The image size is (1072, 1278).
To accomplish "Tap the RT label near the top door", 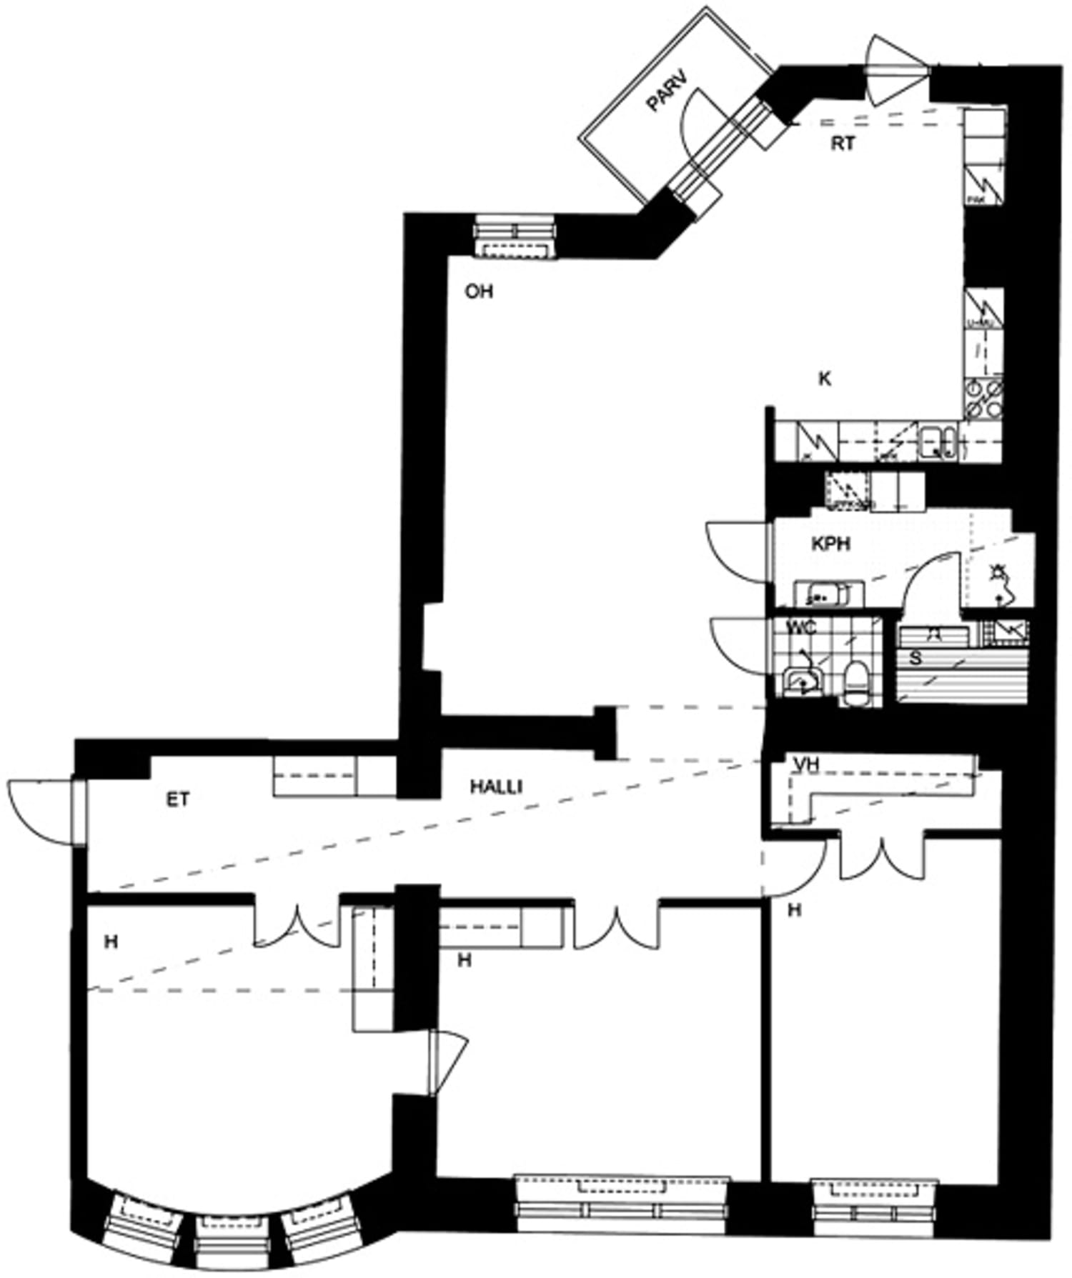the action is pyautogui.click(x=843, y=144).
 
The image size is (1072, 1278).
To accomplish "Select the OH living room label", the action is pyautogui.click(x=479, y=291).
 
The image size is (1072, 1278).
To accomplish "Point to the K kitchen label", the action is pyautogui.click(x=825, y=379).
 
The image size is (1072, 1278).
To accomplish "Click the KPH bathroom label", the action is pyautogui.click(x=831, y=544).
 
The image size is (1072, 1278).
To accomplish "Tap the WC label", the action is pyautogui.click(x=801, y=629).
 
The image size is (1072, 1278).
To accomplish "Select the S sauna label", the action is pyautogui.click(x=915, y=658).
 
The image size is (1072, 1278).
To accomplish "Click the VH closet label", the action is pyautogui.click(x=806, y=765).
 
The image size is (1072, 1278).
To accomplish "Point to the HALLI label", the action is pyautogui.click(x=496, y=787).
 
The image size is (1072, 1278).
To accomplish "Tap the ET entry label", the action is pyautogui.click(x=178, y=799).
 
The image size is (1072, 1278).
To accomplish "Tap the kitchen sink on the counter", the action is pyautogui.click(x=938, y=441).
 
